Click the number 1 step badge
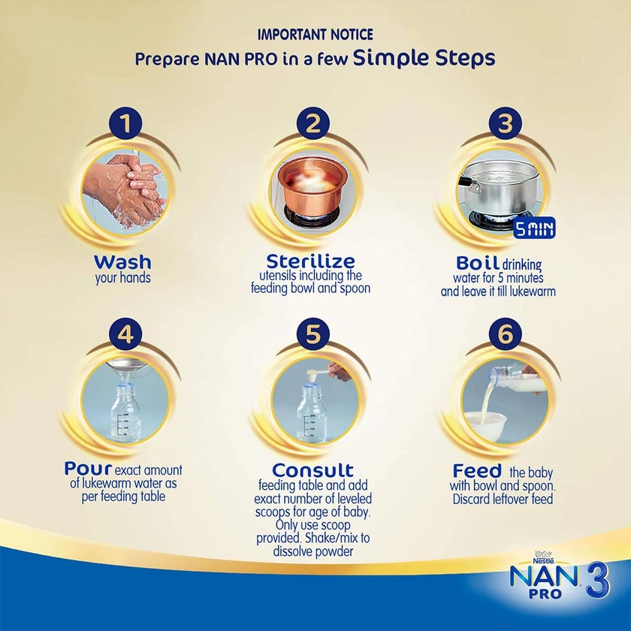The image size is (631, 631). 126,123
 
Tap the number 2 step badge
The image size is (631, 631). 312,123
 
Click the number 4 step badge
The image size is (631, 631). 126,334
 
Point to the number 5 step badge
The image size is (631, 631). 312,334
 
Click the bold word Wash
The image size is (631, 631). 122,262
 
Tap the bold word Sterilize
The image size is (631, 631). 310,261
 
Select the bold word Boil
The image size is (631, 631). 477,263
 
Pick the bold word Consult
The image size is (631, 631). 312,469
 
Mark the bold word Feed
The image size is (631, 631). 477,470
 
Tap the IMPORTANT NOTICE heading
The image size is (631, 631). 315,35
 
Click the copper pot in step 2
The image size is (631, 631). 312,184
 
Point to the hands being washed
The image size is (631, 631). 124,188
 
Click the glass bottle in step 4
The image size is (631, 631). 126,412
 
